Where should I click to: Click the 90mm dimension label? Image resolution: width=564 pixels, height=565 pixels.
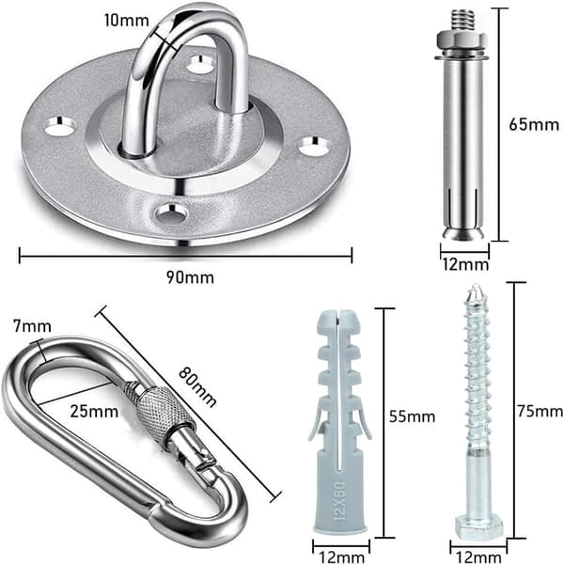tap(190, 277)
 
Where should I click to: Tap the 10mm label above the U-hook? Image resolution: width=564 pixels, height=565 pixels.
tap(127, 20)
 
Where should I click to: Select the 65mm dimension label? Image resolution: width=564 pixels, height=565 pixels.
tap(534, 125)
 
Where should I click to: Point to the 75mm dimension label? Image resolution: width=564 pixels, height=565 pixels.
tap(540, 411)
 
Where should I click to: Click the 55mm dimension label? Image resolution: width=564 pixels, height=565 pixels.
tap(412, 416)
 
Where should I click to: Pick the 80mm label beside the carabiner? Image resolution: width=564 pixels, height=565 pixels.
tap(197, 386)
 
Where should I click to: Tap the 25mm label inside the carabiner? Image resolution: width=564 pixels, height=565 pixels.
tap(94, 411)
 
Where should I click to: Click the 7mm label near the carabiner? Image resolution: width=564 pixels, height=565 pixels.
tap(33, 326)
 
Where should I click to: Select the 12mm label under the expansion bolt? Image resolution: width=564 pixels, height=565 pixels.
tap(465, 265)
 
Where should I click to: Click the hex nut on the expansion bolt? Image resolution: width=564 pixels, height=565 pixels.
tap(462, 39)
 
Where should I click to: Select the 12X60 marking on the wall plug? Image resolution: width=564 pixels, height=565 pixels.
tap(341, 501)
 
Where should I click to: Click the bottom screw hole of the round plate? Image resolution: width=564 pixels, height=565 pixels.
tap(171, 213)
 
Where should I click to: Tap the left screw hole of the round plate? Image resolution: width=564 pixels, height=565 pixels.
tap(60, 126)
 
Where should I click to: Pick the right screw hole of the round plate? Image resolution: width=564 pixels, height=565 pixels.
tap(315, 146)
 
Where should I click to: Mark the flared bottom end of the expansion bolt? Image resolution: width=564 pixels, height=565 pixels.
tap(463, 233)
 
